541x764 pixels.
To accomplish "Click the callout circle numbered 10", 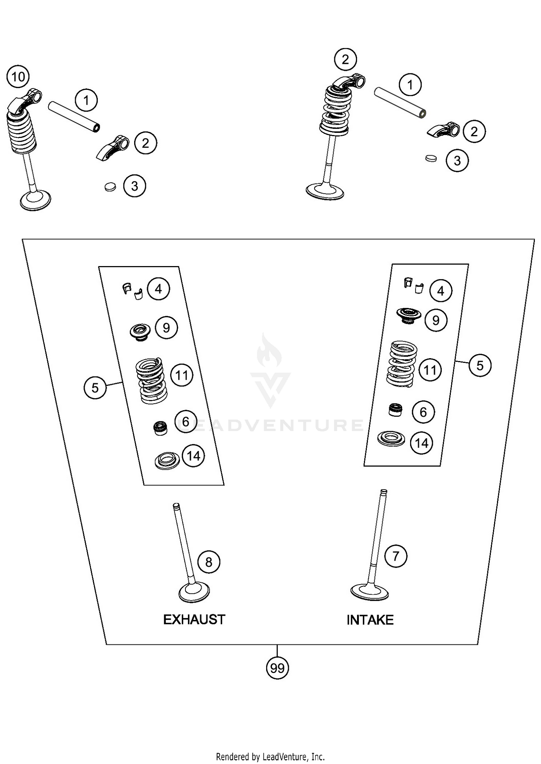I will point(18,77).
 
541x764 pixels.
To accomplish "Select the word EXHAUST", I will point(194,620).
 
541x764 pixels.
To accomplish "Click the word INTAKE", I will point(370,620).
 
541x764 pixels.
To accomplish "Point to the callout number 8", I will point(209,562).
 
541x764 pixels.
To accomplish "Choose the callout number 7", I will point(396,556).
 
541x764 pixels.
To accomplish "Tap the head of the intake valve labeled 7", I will point(370,591).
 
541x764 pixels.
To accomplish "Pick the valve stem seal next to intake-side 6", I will point(395,410).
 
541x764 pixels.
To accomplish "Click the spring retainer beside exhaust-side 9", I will point(140,331).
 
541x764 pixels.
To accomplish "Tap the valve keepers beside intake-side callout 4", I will point(413,285).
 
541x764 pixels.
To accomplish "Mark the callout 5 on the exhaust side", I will point(95,388).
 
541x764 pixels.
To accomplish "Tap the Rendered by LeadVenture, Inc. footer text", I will point(270,756).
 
